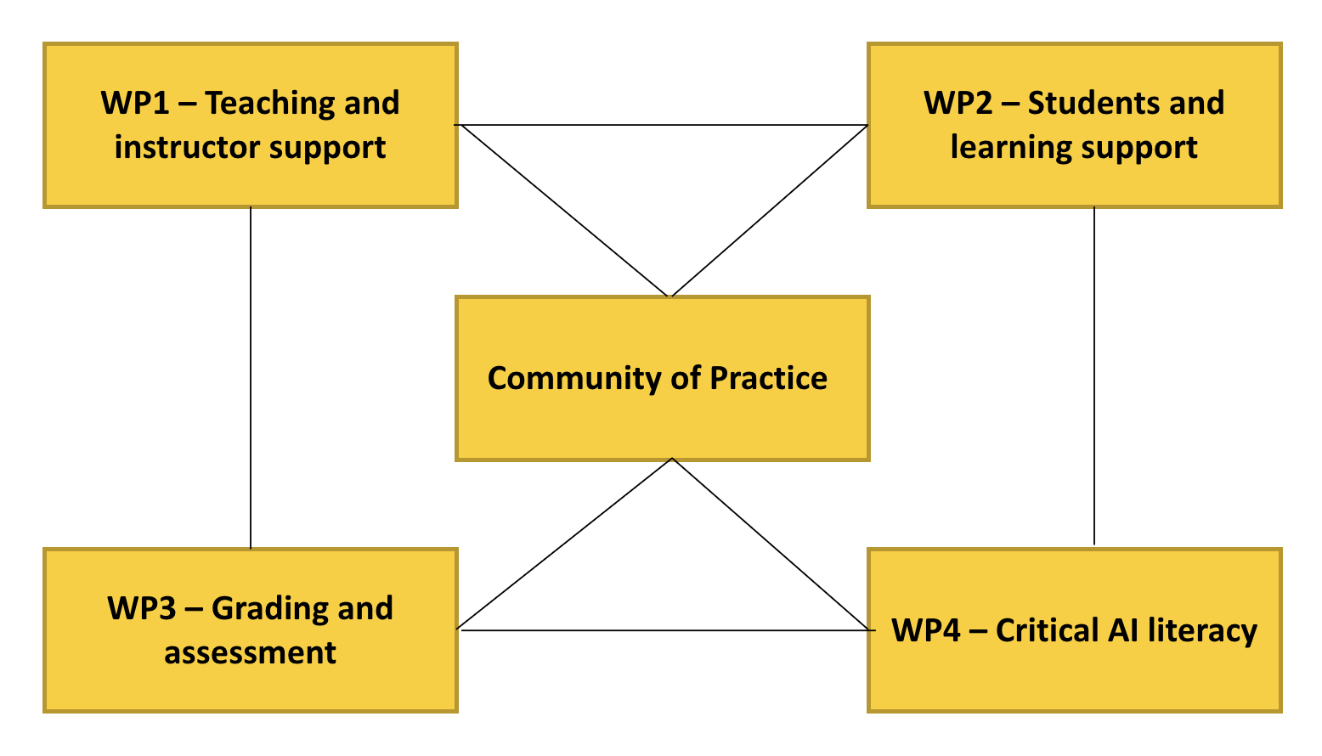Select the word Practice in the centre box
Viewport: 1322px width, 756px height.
click(x=769, y=379)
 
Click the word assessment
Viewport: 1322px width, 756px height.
click(x=251, y=653)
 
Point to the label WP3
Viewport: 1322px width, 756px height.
click(x=141, y=609)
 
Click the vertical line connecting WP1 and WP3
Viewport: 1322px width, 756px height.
click(x=251, y=378)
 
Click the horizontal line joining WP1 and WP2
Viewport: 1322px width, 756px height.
click(x=663, y=126)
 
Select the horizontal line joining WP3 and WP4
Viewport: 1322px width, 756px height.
click(x=663, y=630)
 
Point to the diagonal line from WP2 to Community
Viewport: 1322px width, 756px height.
click(x=769, y=211)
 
